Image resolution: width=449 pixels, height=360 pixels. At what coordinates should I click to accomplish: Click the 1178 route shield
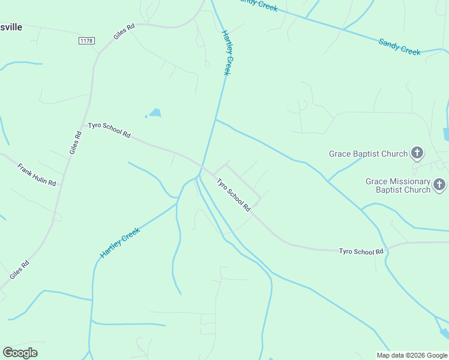86,40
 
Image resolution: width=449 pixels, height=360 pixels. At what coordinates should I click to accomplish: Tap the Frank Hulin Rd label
36,174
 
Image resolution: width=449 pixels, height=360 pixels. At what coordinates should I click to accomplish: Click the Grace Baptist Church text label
368,154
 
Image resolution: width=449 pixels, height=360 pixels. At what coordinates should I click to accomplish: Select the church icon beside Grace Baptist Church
417,153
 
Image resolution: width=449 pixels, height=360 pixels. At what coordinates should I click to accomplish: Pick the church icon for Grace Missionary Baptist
439,185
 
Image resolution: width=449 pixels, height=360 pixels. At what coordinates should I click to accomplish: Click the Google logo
20,353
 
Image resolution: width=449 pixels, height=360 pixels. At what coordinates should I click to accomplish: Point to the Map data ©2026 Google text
412,355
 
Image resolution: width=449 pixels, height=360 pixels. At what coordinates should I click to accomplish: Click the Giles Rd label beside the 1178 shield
124,32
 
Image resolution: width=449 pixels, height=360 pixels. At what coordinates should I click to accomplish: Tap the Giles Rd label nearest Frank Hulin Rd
75,142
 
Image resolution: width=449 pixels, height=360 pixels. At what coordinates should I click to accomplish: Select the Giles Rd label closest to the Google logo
19,270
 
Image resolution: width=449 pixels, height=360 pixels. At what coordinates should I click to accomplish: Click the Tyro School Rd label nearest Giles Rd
109,130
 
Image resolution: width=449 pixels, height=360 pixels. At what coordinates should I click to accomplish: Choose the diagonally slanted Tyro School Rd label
234,194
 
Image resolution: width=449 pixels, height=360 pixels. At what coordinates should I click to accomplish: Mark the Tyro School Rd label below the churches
361,251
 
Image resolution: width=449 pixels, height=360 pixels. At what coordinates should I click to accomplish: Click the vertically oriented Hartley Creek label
226,52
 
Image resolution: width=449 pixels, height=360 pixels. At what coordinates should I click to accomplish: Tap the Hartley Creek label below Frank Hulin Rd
119,243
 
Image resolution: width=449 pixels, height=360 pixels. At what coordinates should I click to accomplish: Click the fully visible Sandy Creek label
399,47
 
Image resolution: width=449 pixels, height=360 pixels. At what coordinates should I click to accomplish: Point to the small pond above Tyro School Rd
155,113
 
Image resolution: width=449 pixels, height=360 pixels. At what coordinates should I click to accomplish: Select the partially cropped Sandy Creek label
258,5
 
